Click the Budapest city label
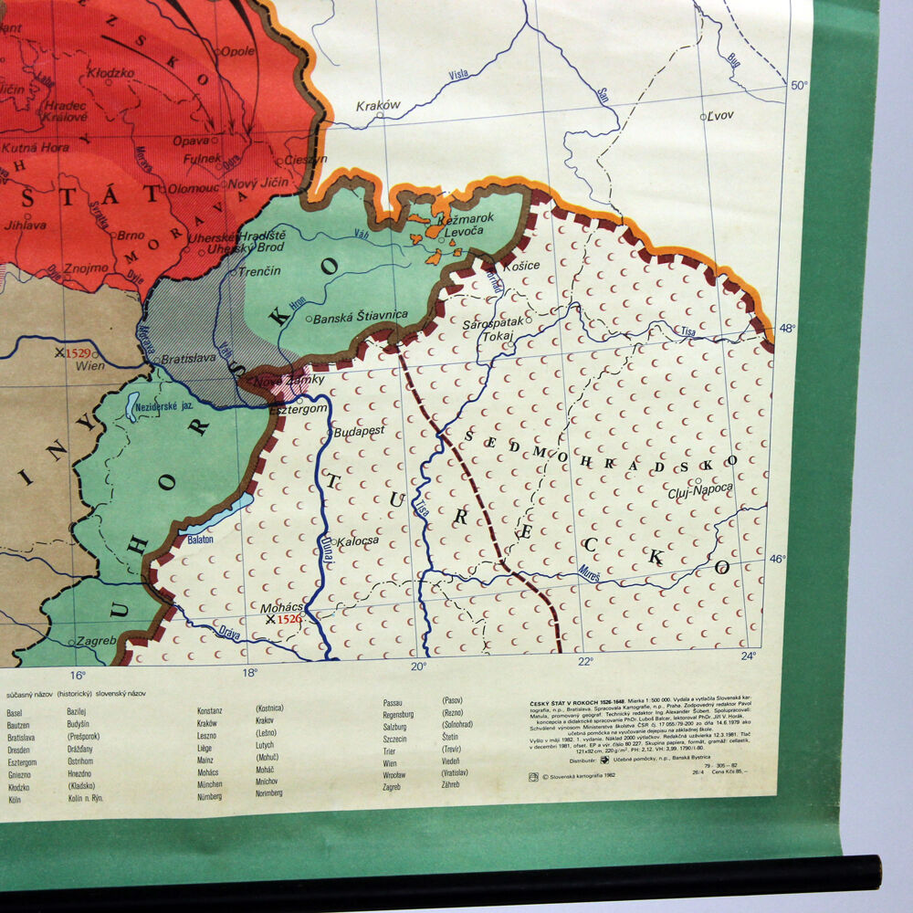pos(360,430)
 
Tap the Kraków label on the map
pos(379,106)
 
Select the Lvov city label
pos(721,116)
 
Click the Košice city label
pos(521,265)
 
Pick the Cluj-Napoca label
pos(700,488)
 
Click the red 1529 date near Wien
pos(78,352)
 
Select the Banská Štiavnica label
pos(360,319)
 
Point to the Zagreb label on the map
pos(96,641)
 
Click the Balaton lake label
pos(201,539)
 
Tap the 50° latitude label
pos(799,86)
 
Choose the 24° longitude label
pos(749,655)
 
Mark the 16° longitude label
pos(77,676)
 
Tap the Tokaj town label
pos(498,337)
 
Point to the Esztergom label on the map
pos(299,410)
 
